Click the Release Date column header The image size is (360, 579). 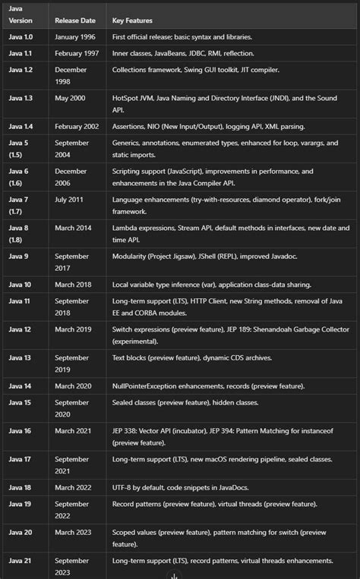pyautogui.click(x=74, y=20)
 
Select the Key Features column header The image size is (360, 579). pyautogui.click(x=132, y=20)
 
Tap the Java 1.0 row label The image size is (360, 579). pyautogui.click(x=21, y=36)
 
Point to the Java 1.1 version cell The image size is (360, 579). pyautogui.click(x=21, y=53)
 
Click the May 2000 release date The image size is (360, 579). pyautogui.click(x=70, y=98)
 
